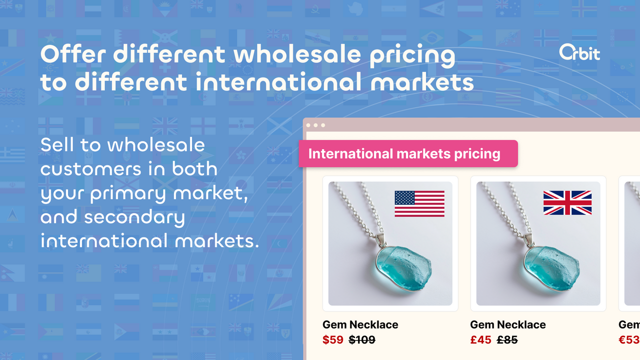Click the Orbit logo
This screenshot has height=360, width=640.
[x=579, y=53]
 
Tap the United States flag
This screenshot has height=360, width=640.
[x=419, y=203]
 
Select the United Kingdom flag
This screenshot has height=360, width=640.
[x=567, y=203]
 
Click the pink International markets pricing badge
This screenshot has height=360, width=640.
[x=408, y=153]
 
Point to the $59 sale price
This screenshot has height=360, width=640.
[x=333, y=340]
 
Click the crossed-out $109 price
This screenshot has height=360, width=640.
[x=361, y=340]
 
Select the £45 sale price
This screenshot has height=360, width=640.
[x=481, y=340]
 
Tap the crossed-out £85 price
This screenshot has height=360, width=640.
[x=507, y=340]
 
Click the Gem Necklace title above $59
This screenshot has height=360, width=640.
[x=360, y=324]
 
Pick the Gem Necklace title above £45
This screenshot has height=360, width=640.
[x=508, y=324]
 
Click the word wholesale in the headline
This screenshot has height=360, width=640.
[x=297, y=55]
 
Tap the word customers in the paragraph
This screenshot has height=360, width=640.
[x=90, y=169]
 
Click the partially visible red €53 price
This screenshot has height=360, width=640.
[x=629, y=340]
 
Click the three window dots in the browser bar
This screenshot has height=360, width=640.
[x=315, y=125]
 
